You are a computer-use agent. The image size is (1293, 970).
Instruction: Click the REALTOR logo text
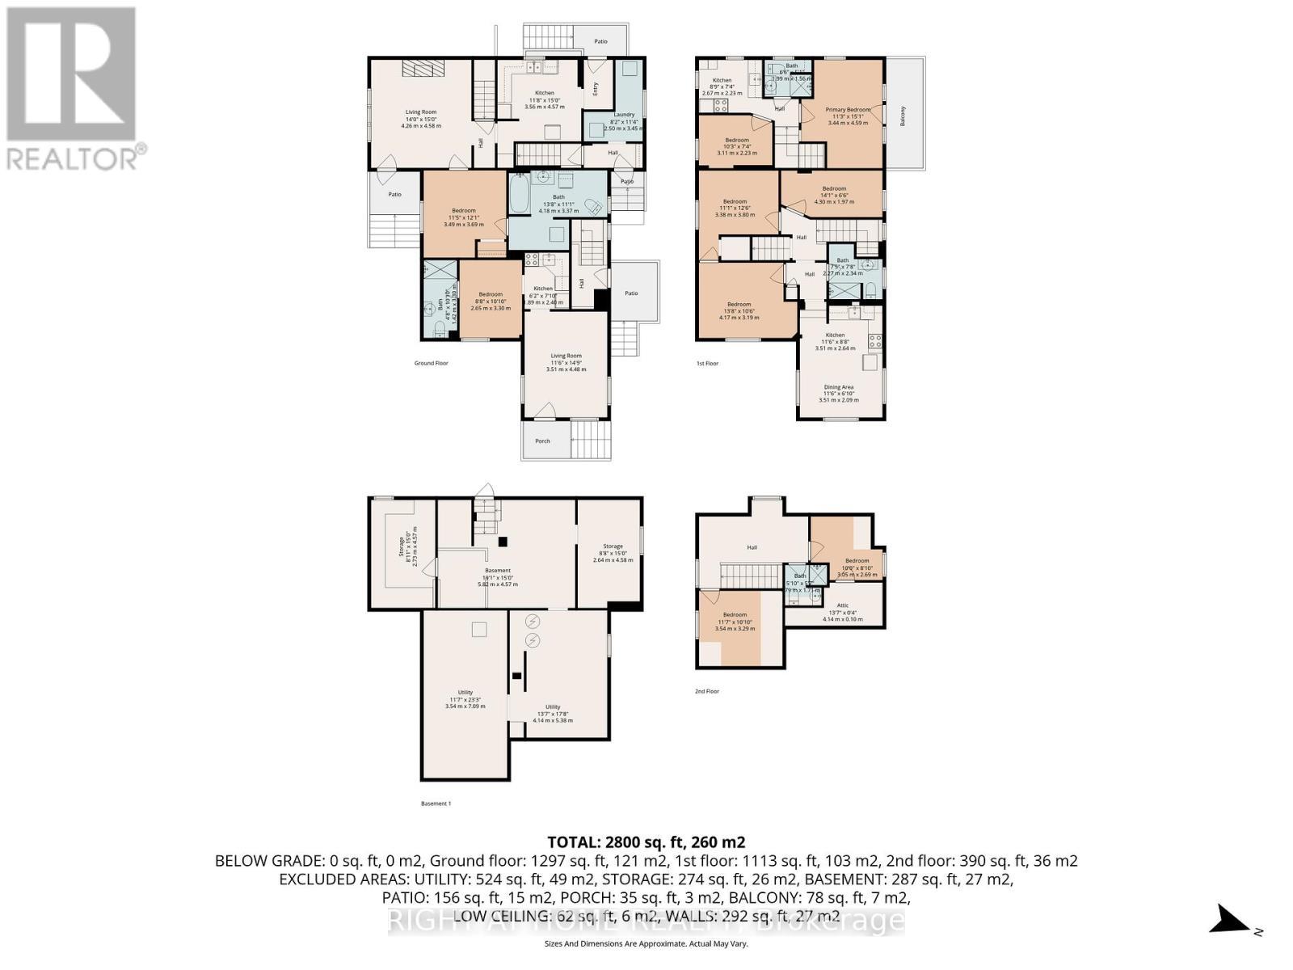[77, 156]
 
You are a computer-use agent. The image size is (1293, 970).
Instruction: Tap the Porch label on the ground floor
[542, 441]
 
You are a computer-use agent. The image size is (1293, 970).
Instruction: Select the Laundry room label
[624, 115]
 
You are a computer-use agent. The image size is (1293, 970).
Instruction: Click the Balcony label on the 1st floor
[903, 115]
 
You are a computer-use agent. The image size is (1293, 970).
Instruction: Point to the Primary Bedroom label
[848, 110]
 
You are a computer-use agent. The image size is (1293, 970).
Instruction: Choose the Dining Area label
[838, 387]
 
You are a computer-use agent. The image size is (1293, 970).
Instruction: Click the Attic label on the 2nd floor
[842, 605]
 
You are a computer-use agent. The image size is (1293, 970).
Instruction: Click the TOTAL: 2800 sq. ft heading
[646, 841]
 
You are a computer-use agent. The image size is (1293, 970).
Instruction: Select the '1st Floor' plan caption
[707, 364]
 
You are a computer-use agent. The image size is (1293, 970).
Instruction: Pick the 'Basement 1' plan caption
[436, 803]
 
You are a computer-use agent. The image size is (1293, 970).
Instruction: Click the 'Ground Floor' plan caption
[431, 364]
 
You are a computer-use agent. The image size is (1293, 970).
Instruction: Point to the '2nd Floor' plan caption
[707, 692]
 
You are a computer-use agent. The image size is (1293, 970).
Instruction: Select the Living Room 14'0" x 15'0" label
[420, 112]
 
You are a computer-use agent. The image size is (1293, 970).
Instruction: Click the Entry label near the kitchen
[596, 91]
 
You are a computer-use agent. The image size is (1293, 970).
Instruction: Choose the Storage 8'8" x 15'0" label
[613, 546]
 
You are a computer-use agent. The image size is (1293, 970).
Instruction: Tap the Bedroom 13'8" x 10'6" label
[739, 305]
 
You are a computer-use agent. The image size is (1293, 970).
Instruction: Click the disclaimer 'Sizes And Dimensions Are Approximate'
[646, 943]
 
